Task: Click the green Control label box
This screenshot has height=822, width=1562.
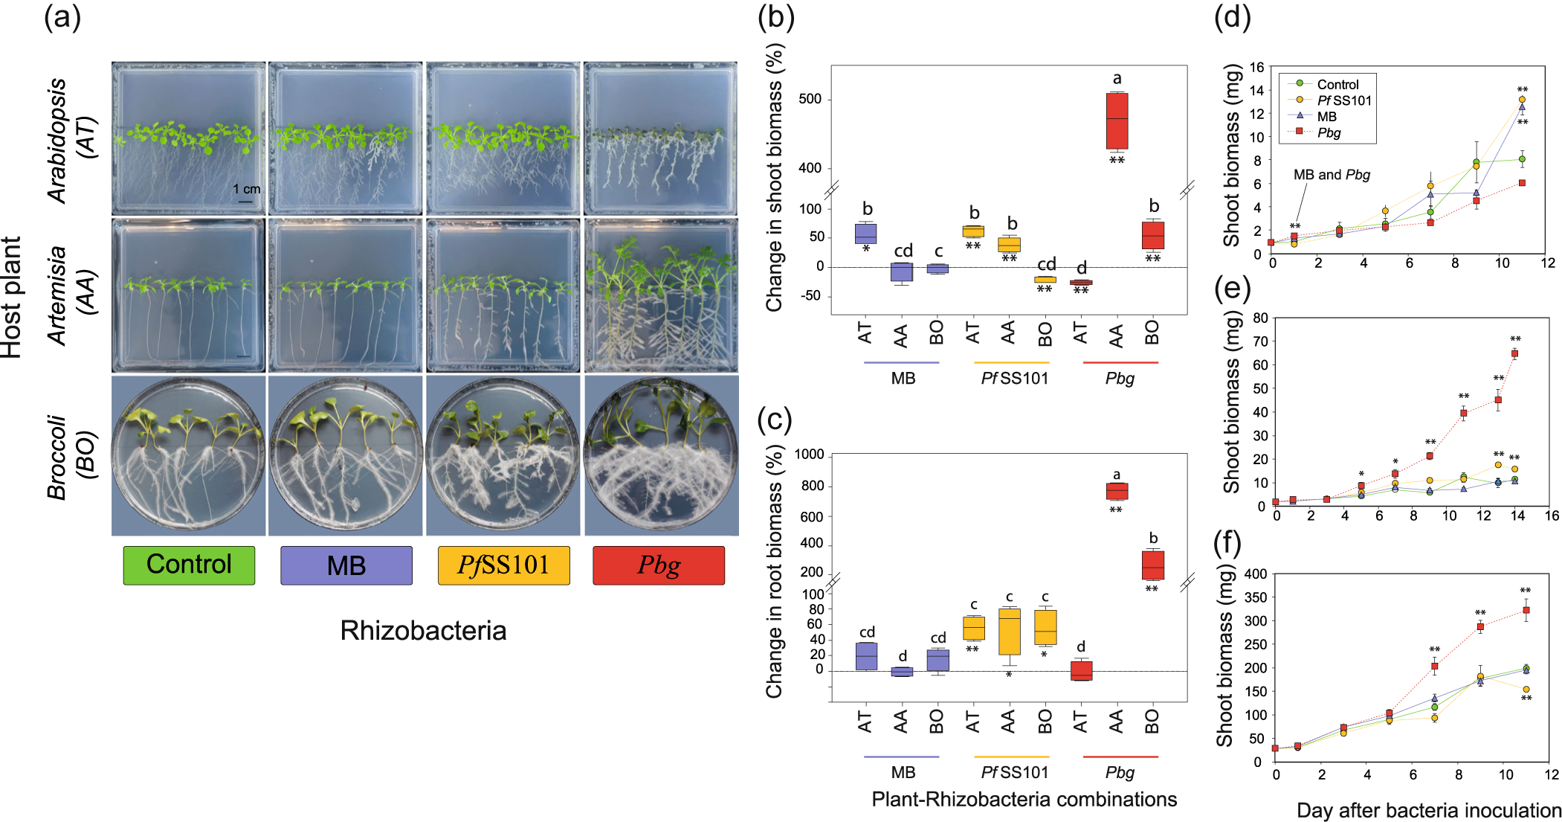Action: pos(189,565)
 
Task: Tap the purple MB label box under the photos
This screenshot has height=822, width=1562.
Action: pos(346,565)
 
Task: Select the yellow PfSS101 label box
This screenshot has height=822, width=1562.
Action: pos(503,565)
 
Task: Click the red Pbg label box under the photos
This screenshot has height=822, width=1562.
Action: pos(659,565)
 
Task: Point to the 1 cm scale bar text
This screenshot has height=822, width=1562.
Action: pos(247,189)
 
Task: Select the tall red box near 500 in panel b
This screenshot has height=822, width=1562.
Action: pos(1117,121)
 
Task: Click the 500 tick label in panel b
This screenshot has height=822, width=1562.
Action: pos(810,100)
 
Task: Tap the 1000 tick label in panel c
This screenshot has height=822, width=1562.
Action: pos(809,455)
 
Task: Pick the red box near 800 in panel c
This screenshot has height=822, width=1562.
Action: pos(1117,491)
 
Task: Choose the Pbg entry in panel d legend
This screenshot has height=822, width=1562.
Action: pos(1329,133)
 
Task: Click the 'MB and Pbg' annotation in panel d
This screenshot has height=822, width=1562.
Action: pos(1332,175)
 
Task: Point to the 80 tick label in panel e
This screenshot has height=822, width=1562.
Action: pos(1260,318)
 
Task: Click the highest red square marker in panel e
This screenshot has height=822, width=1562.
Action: pos(1514,353)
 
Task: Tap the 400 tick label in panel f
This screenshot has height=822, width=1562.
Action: pos(1256,574)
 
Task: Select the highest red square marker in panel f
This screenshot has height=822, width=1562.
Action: pos(1526,610)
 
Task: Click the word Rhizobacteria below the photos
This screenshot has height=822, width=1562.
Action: pos(423,631)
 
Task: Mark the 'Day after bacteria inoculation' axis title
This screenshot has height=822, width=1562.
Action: pos(1429,810)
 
